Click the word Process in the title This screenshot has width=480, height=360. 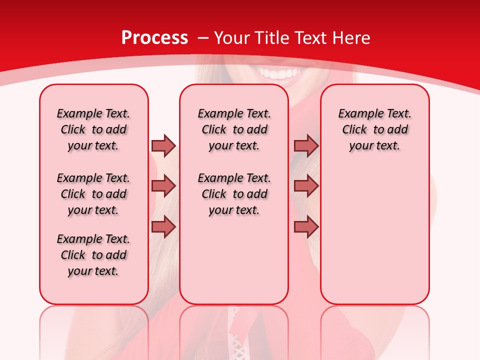[x=154, y=38]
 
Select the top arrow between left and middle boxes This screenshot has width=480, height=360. [x=163, y=145]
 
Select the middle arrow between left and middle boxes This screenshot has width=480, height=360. [x=163, y=186]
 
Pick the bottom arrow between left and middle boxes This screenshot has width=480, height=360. [x=163, y=227]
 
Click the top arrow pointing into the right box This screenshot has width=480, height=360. [x=306, y=145]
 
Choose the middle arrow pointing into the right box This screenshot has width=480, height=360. [x=306, y=186]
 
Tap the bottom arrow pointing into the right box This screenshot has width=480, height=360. [x=306, y=227]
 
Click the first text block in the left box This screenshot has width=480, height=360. [x=93, y=129]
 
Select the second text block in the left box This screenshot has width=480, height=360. [x=93, y=194]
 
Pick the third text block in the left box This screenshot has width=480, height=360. [x=93, y=255]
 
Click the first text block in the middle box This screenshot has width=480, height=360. [x=234, y=129]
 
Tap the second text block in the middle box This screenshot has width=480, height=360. [x=234, y=194]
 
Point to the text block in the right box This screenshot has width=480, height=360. [x=374, y=129]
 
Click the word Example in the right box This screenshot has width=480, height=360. [x=357, y=114]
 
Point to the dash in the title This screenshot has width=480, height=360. [x=203, y=38]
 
